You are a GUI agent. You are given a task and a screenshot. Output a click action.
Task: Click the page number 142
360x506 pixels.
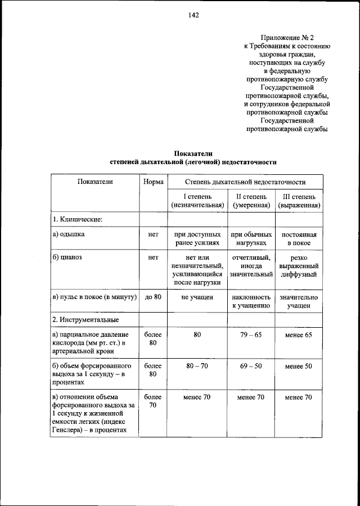(x=193, y=15)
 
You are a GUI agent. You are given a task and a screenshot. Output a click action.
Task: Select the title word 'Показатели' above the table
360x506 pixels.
(x=193, y=153)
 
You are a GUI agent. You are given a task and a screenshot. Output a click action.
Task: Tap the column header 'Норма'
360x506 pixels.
(x=153, y=182)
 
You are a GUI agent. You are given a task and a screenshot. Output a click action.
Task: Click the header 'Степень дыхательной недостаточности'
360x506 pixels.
(x=245, y=182)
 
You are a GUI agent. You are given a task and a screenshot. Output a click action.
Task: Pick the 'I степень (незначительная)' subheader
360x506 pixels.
(x=197, y=201)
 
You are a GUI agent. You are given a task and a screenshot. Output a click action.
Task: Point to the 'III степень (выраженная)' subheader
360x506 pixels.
(x=299, y=201)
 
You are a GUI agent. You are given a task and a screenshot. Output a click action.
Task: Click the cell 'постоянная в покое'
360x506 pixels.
(x=299, y=238)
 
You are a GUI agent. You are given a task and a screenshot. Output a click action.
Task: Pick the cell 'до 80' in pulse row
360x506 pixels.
(x=153, y=296)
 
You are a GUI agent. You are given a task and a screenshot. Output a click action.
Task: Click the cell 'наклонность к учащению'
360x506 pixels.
(x=251, y=301)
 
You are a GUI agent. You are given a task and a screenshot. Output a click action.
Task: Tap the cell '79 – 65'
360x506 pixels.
(x=251, y=335)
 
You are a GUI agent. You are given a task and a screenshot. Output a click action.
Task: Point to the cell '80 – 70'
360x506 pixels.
(x=197, y=366)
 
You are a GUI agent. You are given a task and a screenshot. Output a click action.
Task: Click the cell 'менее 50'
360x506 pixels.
(x=299, y=366)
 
